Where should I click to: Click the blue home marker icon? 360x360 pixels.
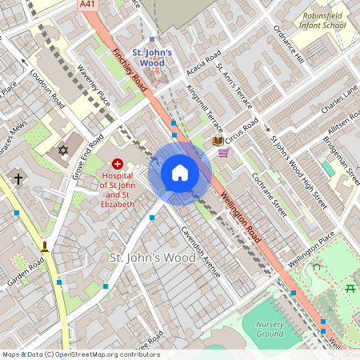point(180,173)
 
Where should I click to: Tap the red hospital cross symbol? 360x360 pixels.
point(117,162)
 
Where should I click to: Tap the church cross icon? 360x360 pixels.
point(18,180)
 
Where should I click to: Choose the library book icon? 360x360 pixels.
point(218,141)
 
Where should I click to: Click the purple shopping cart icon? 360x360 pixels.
point(223,153)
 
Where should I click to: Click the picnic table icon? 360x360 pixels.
point(350,287)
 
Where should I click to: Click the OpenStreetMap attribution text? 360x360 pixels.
point(80,354)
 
